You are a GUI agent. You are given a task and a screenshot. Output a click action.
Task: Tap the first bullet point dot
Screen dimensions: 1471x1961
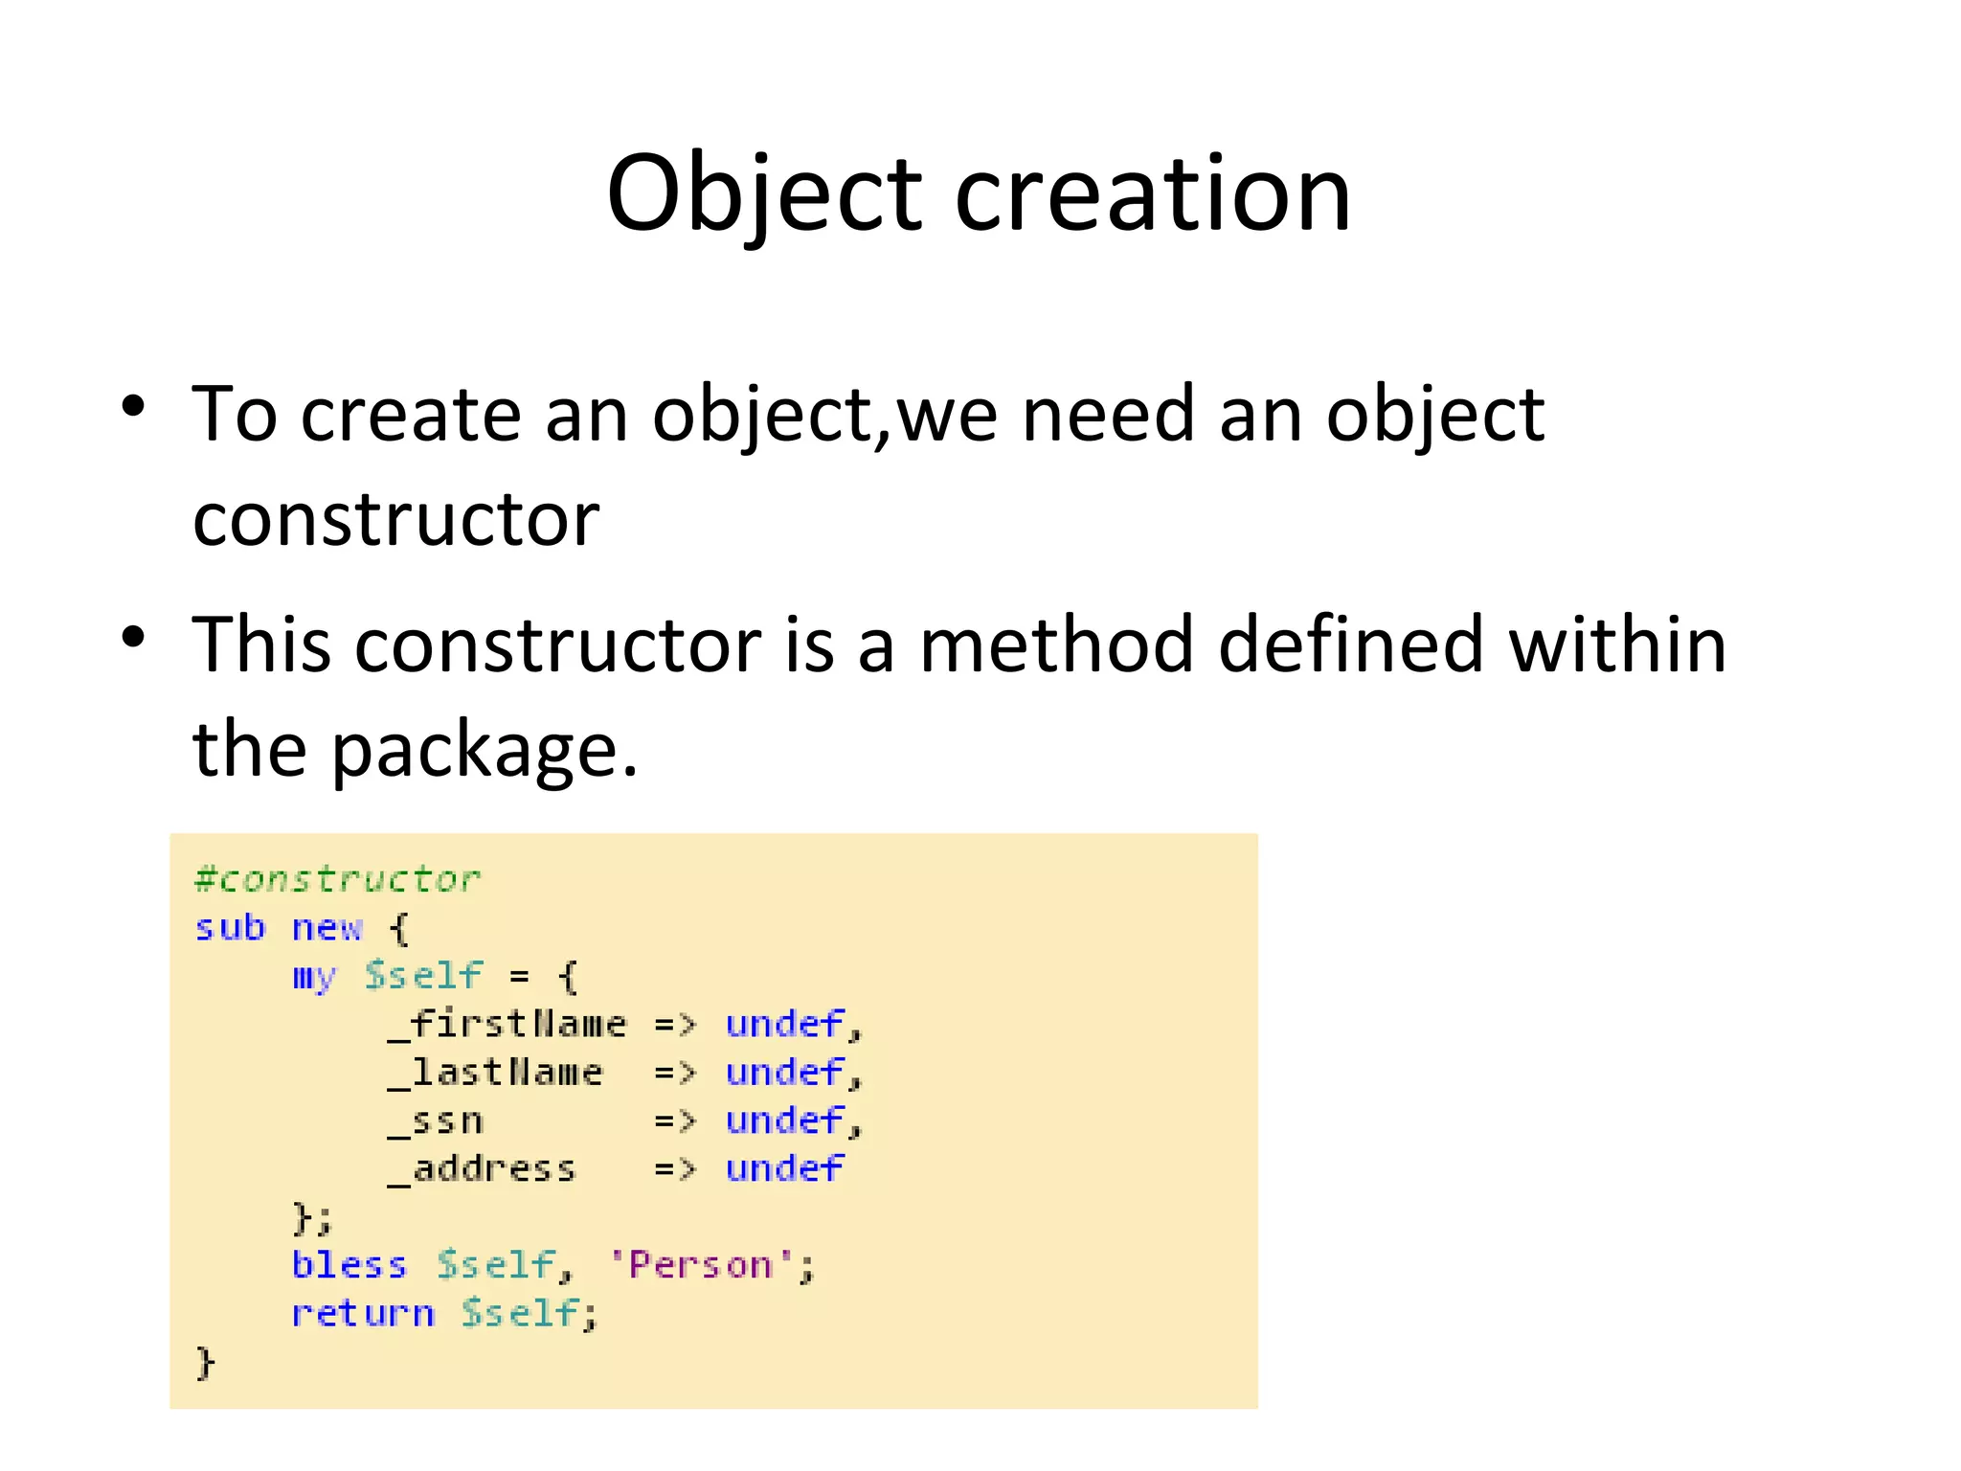tap(134, 406)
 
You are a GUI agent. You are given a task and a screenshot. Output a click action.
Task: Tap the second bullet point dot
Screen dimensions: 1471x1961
tap(134, 637)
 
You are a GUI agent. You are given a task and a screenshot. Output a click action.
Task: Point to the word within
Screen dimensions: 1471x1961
tap(1617, 645)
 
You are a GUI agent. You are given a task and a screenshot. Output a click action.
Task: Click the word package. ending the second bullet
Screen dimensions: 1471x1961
tap(485, 750)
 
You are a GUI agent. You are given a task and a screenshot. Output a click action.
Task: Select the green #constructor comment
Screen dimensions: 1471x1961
tap(337, 879)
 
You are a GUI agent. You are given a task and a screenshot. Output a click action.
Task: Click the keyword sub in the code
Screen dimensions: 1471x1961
tap(230, 927)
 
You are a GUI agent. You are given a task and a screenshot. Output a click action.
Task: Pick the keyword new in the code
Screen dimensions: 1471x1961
tap(327, 927)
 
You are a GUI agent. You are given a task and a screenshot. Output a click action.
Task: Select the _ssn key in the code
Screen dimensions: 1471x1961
tap(436, 1120)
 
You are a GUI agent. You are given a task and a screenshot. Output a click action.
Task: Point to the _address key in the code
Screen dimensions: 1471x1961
tap(482, 1168)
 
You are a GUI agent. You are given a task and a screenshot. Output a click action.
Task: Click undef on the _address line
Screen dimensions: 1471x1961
tap(784, 1168)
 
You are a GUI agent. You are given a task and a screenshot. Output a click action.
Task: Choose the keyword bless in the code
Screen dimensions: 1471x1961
tap(349, 1265)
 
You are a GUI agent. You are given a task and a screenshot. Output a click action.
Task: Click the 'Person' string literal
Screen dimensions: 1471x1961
tap(702, 1265)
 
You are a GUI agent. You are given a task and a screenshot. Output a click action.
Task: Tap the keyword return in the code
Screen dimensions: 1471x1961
tap(363, 1313)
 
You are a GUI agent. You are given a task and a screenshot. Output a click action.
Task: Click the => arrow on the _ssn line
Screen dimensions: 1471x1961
tap(674, 1120)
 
